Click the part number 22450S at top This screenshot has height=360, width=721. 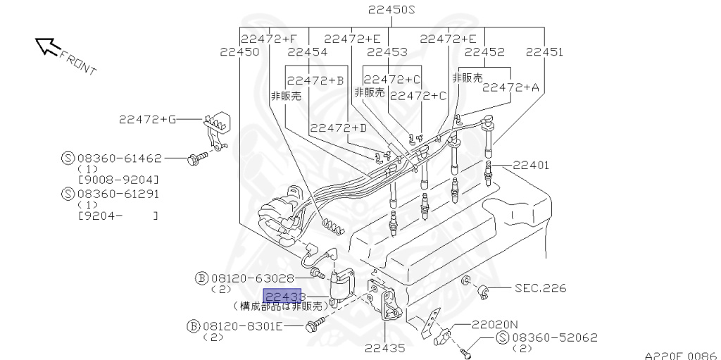[x=391, y=10]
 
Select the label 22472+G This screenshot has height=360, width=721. [x=147, y=119]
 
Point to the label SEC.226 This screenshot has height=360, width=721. [x=540, y=287]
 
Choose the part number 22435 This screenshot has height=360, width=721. [x=386, y=347]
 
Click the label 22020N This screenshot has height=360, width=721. [x=494, y=325]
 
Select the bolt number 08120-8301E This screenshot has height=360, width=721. [x=242, y=325]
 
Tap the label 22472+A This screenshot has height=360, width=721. [x=510, y=87]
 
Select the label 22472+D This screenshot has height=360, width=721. [x=339, y=128]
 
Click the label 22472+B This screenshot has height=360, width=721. [x=315, y=80]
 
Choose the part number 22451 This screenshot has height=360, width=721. [x=544, y=51]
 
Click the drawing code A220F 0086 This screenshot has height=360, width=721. [x=680, y=354]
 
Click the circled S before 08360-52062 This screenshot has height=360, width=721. [x=503, y=338]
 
